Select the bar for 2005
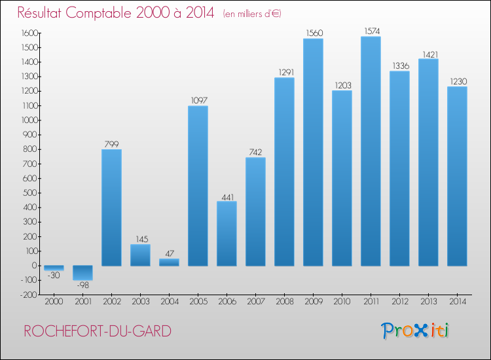point(198,185)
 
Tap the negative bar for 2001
point(82,273)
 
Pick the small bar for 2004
point(169,262)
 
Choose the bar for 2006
point(227,233)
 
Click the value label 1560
point(313,33)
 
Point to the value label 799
point(111,143)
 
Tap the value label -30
point(54,276)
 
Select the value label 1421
point(428,53)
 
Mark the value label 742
point(255,152)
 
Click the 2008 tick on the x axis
point(284,302)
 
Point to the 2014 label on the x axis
point(457,302)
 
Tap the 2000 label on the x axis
point(54,302)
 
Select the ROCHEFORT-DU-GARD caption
point(98,331)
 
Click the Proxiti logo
point(415,331)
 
